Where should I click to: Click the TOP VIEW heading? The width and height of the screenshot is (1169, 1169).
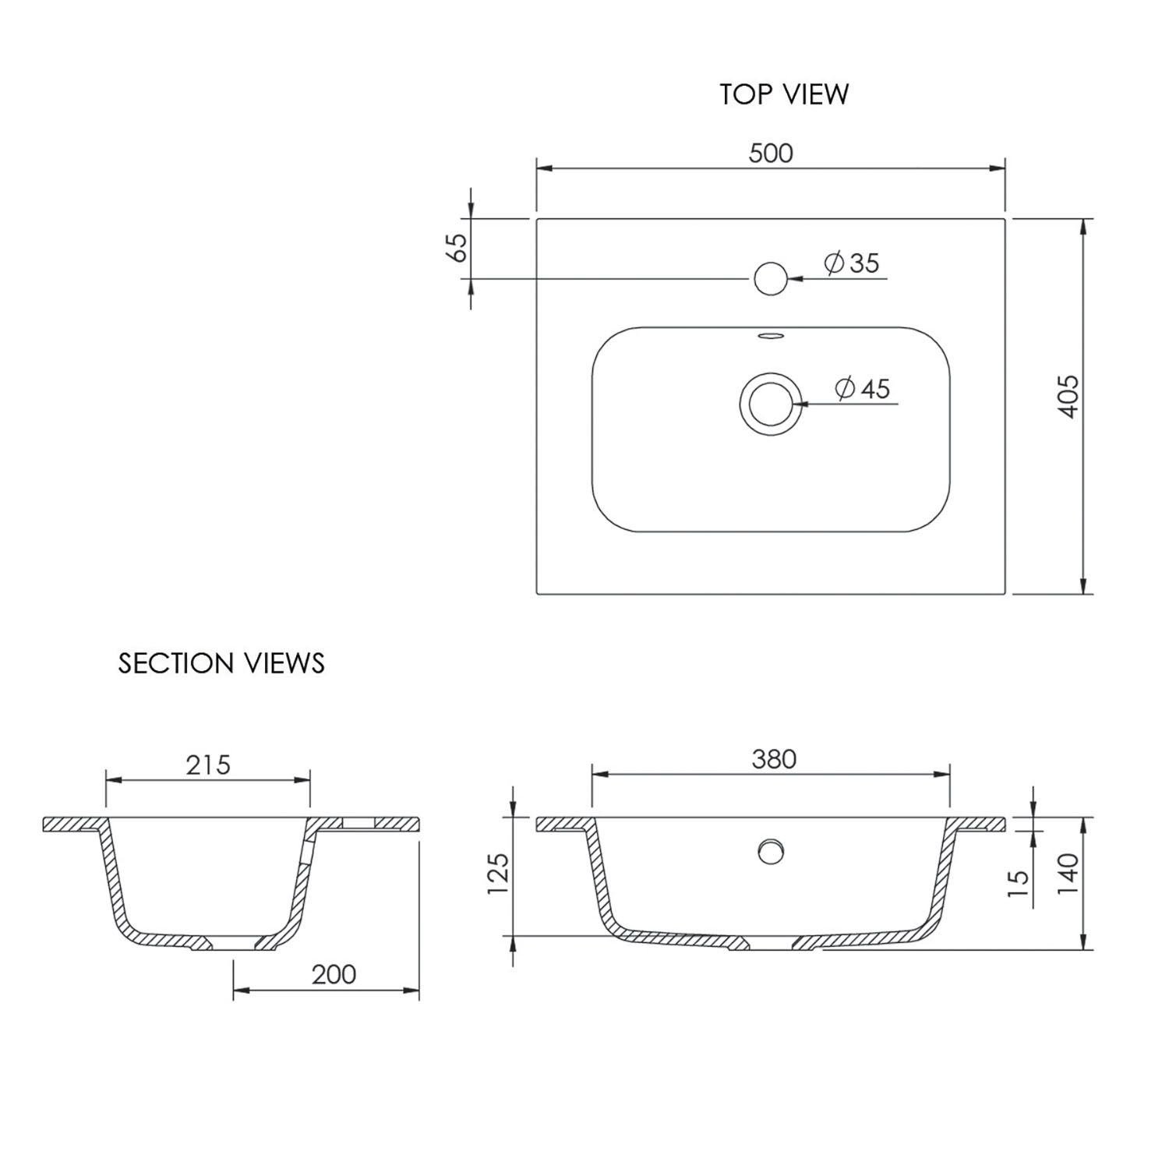coord(784,94)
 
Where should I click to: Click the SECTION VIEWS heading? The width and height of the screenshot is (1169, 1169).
coord(221,663)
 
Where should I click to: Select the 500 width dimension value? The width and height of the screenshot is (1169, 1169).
coord(771,154)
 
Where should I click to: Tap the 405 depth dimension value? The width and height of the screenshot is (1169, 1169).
coord(1069,397)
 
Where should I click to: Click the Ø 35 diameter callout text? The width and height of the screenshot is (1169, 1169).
coord(852,263)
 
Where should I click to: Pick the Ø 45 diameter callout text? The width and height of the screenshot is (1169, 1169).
coord(863,388)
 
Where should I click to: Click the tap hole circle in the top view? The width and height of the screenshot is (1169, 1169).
coord(771,278)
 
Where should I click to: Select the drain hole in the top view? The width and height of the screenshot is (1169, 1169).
coord(771,404)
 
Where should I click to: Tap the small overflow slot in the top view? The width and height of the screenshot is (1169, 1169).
coord(771,336)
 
